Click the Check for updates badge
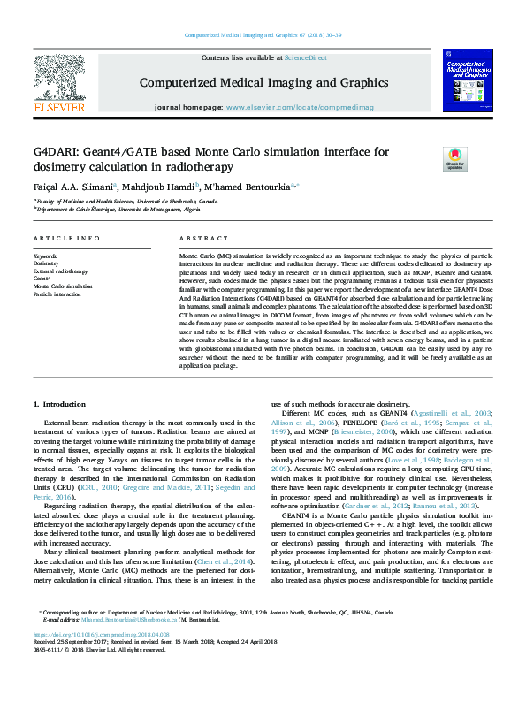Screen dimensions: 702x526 (455, 159)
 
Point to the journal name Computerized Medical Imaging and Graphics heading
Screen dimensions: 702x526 (263, 82)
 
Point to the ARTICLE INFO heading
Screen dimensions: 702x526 (66, 240)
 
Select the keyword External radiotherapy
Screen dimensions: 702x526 (61, 271)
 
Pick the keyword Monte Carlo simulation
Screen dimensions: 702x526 (63, 286)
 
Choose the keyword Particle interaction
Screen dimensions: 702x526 (58, 294)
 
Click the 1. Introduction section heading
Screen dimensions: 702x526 (60, 403)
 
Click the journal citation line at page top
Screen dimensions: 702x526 (263, 35)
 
